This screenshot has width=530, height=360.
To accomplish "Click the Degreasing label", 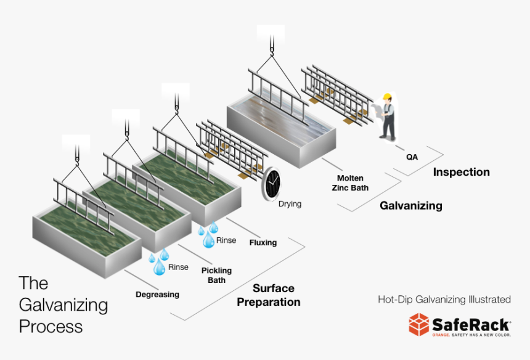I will pyautogui.click(x=157, y=295).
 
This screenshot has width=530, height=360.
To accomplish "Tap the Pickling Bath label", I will pyautogui.click(x=216, y=275).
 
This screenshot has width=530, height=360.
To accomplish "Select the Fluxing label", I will pyautogui.click(x=263, y=243).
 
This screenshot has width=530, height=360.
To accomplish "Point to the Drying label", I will pyautogui.click(x=290, y=203).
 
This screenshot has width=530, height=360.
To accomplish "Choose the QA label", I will pyautogui.click(x=412, y=157).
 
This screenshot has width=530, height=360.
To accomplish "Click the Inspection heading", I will pyautogui.click(x=461, y=172).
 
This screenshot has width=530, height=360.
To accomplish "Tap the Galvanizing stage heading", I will pyautogui.click(x=410, y=206).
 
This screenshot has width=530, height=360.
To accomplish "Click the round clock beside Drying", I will pyautogui.click(x=271, y=184).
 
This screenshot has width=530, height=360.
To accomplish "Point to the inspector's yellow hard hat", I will pyautogui.click(x=387, y=97).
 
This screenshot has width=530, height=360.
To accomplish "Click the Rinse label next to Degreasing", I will pyautogui.click(x=178, y=268).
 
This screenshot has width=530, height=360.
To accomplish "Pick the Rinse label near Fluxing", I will pyautogui.click(x=226, y=240).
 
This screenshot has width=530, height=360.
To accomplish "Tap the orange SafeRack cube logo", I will pyautogui.click(x=419, y=324).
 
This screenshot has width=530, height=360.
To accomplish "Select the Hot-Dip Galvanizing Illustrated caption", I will pyautogui.click(x=444, y=300).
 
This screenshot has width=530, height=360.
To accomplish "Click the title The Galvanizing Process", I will pyautogui.click(x=63, y=305).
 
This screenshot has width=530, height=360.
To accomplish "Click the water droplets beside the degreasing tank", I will pyautogui.click(x=158, y=262).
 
